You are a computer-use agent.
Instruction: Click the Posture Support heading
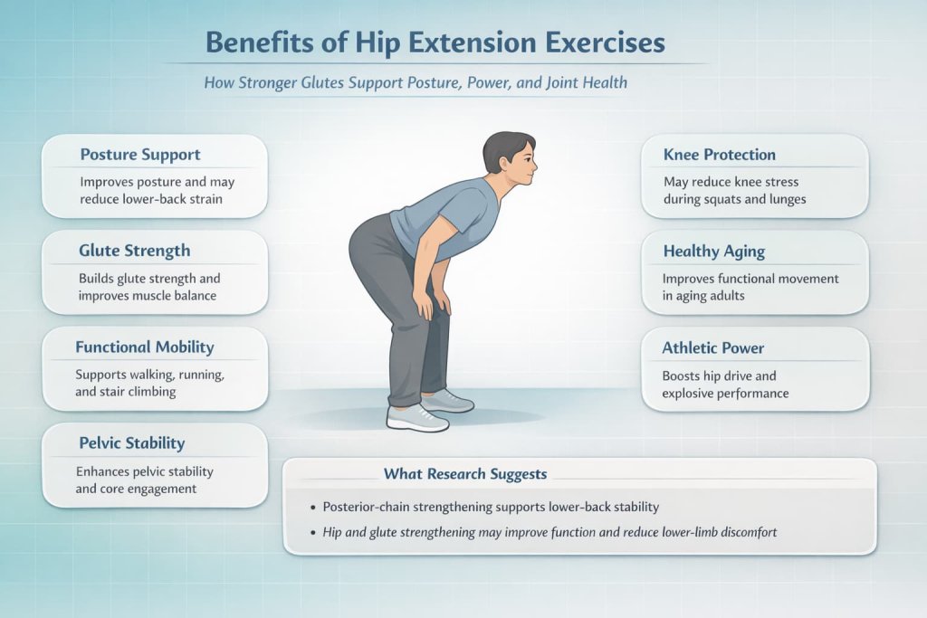140,154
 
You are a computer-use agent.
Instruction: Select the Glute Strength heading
135,250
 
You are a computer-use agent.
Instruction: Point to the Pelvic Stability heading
132,442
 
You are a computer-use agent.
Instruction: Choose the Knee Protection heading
719,154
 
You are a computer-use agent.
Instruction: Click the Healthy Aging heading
714,251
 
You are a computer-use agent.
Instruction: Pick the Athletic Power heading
713,347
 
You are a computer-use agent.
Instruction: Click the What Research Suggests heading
464,473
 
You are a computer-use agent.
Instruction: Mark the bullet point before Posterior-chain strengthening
311,508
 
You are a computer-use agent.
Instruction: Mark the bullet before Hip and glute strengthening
311,532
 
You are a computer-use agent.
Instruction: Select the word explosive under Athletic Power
693,393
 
